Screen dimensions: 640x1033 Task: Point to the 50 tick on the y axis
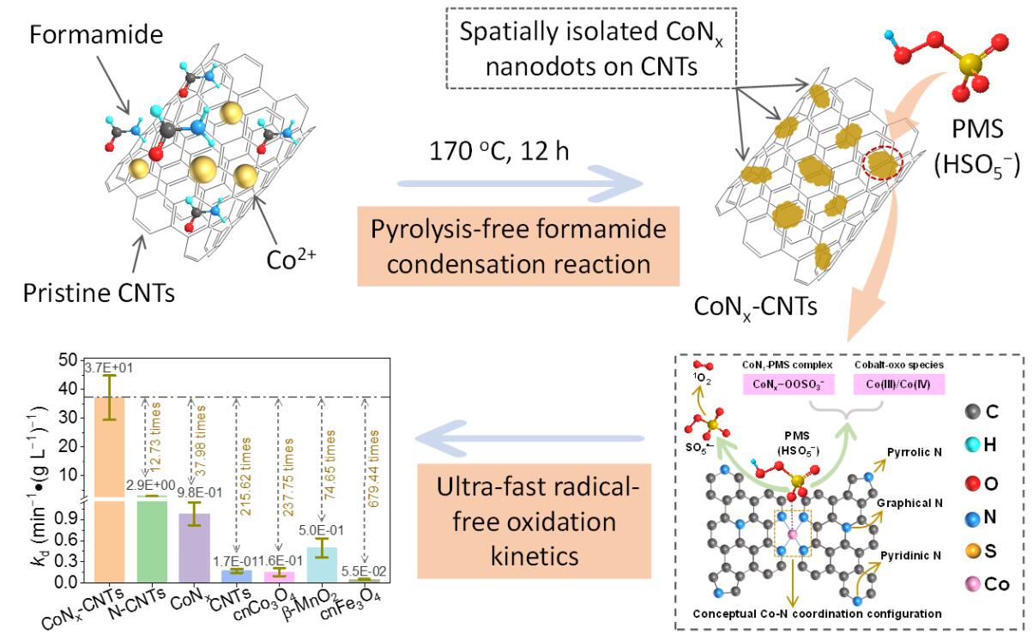(x=68, y=360)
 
